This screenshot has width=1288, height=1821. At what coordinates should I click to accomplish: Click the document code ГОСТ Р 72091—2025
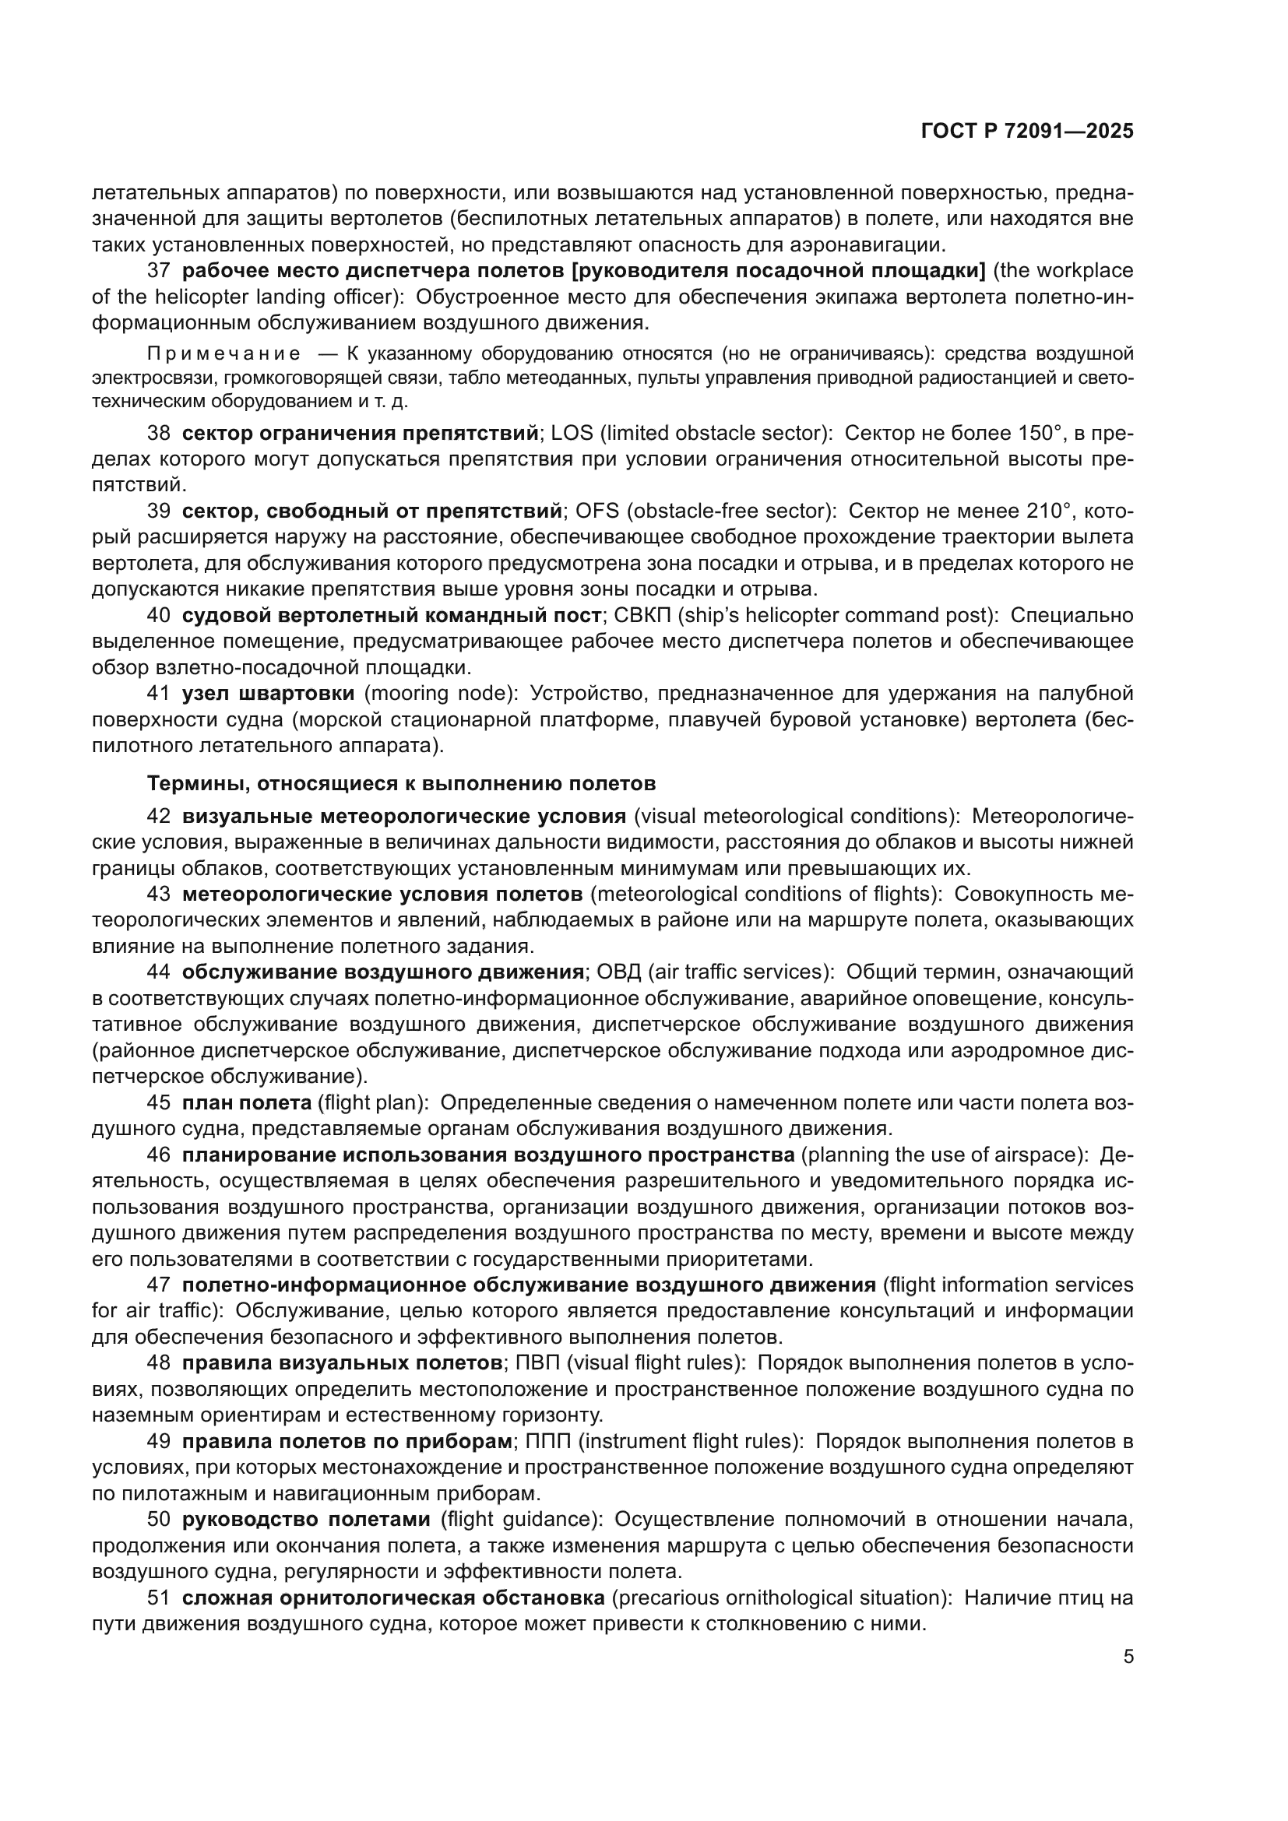1027,132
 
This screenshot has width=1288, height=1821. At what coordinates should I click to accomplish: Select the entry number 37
159,270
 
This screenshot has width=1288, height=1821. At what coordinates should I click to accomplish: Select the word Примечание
223,353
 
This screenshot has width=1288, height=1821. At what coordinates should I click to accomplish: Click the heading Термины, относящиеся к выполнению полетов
401,784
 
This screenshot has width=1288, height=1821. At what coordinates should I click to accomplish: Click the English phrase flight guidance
520,1519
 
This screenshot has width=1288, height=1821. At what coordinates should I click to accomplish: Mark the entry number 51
159,1598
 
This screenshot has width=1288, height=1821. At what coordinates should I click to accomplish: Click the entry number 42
159,816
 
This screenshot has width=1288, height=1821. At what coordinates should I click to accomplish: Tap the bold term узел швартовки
268,692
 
